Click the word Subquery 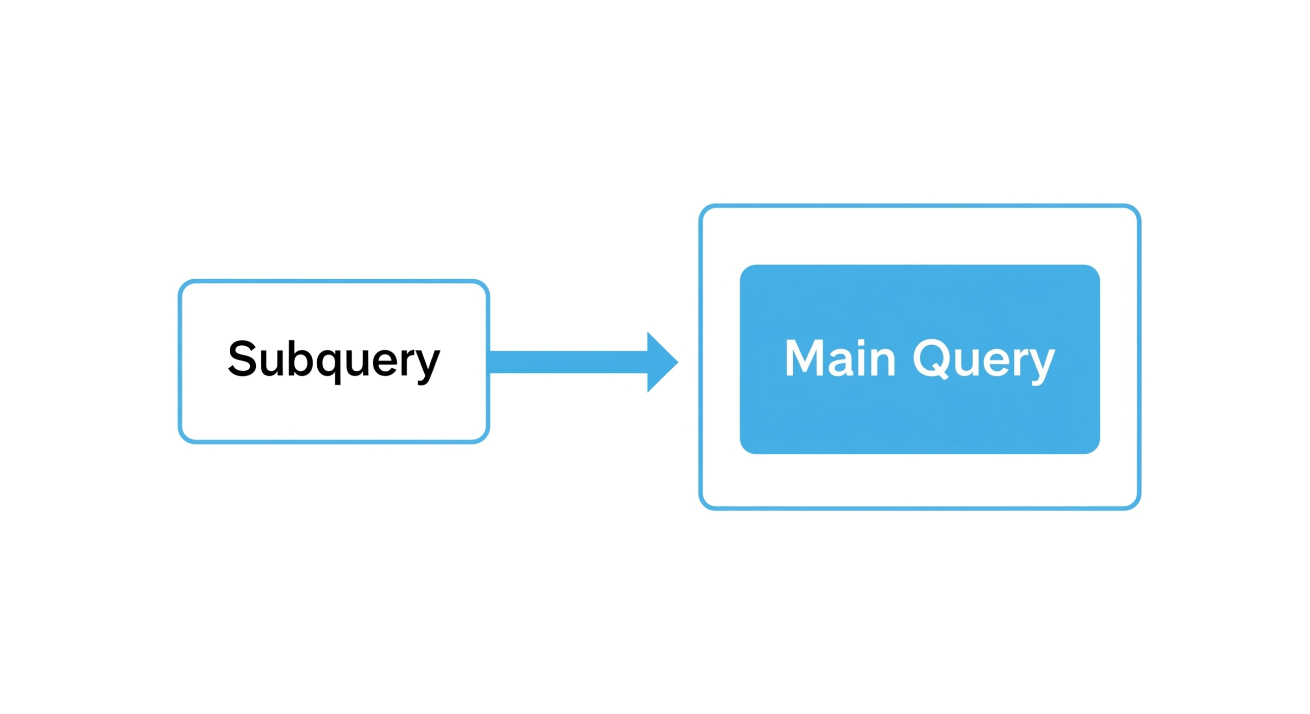click(334, 360)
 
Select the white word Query click(984, 361)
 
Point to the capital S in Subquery click(242, 359)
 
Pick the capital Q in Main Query click(931, 359)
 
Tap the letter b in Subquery click(300, 358)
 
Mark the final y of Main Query click(1042, 367)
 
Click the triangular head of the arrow click(662, 362)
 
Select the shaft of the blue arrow click(568, 362)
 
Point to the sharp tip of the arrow click(679, 362)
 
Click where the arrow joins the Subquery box click(490, 362)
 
